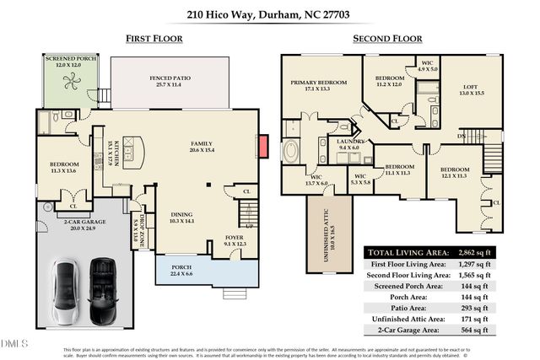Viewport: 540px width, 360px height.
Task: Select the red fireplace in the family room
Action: click(x=263, y=145)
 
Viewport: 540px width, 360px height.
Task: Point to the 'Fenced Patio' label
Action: click(x=171, y=77)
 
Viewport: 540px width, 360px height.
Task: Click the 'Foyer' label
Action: click(x=234, y=238)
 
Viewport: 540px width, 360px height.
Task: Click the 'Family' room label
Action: click(x=201, y=143)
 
